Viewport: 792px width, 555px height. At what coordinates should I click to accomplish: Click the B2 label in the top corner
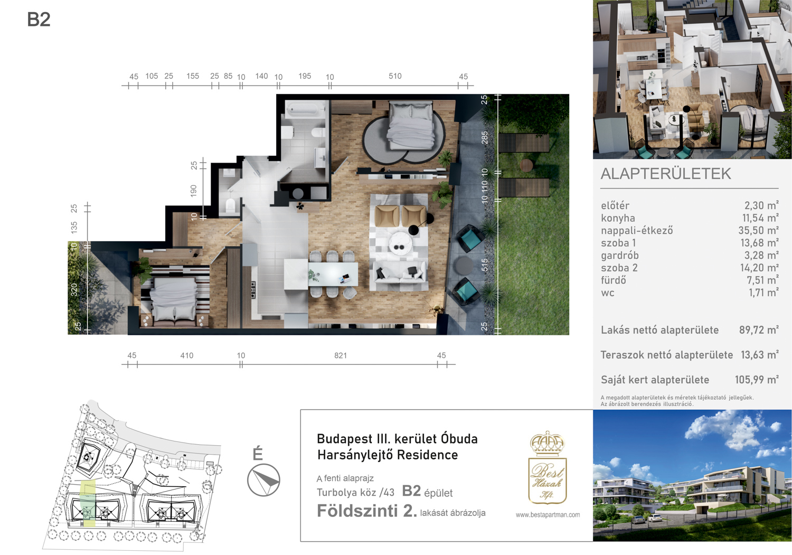(x=39, y=20)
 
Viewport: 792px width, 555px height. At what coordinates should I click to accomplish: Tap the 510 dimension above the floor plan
(x=395, y=76)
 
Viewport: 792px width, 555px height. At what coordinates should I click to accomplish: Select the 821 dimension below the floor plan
(x=341, y=355)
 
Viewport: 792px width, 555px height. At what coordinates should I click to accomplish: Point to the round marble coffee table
(x=400, y=243)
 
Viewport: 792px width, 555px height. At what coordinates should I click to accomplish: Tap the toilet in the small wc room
(x=231, y=205)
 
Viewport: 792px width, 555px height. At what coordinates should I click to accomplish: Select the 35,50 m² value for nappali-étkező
(x=758, y=231)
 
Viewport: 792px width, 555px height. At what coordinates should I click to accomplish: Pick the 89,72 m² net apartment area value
(x=759, y=330)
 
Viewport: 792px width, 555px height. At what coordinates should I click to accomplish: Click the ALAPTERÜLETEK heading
(x=666, y=174)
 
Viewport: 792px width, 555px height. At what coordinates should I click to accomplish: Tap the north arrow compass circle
(x=264, y=480)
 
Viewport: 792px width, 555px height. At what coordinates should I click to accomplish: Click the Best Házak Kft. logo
(x=548, y=468)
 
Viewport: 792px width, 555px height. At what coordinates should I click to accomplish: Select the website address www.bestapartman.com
(x=548, y=515)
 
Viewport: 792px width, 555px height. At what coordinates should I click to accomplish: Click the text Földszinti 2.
(x=366, y=511)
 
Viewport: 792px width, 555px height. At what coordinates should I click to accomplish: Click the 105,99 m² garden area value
(x=757, y=380)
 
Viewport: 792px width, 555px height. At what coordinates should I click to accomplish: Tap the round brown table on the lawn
(x=526, y=165)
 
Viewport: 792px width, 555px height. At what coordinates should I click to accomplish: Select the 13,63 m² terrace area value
(x=760, y=355)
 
